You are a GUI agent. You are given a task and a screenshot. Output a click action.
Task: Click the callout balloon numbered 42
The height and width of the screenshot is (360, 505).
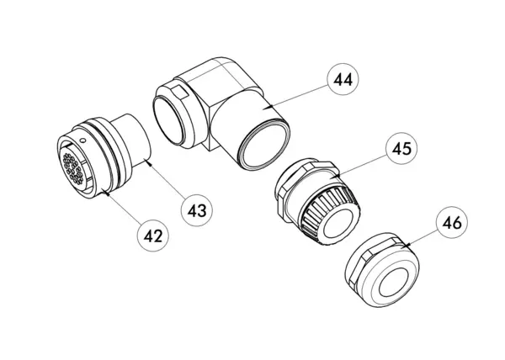pyautogui.click(x=153, y=236)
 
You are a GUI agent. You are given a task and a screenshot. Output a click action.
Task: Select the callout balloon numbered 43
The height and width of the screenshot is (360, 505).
pyautogui.click(x=197, y=211)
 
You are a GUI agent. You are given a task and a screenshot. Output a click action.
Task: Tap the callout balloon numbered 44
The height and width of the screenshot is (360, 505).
pyautogui.click(x=343, y=79)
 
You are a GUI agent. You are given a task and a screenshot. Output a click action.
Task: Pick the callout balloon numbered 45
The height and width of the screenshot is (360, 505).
pyautogui.click(x=401, y=148)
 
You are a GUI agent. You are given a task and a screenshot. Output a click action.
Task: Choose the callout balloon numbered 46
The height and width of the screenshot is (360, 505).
pyautogui.click(x=452, y=222)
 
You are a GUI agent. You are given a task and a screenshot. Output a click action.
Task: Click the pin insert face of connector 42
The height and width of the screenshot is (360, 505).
pyautogui.click(x=72, y=168)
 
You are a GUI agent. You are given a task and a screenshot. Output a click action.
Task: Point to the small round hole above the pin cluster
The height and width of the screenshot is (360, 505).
pyautogui.click(x=82, y=140)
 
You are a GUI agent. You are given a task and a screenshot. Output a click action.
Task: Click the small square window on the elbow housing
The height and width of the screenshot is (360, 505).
pyautogui.click(x=179, y=93)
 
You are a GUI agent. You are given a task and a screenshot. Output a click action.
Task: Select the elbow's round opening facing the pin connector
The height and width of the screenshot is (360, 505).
pyautogui.click(x=168, y=119)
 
